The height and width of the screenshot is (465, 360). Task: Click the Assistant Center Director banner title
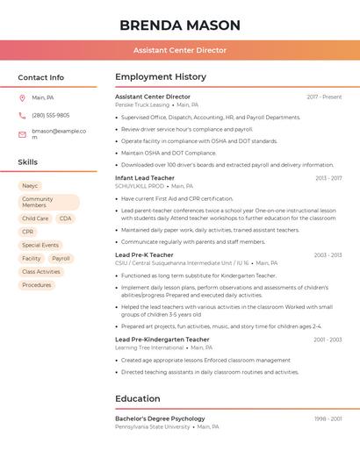pyautogui.click(x=179, y=50)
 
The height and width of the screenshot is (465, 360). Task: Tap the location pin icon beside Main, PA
pyautogui.click(x=22, y=97)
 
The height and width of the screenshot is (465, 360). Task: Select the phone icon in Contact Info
pyautogui.click(x=22, y=115)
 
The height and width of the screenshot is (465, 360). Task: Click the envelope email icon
pyautogui.click(x=22, y=134)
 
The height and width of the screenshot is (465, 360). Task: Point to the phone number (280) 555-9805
pyautogui.click(x=51, y=115)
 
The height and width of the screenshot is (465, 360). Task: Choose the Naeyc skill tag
pyautogui.click(x=30, y=186)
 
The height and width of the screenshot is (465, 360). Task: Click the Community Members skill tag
pyautogui.click(x=47, y=203)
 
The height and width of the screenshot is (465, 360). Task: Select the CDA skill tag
pyautogui.click(x=66, y=218)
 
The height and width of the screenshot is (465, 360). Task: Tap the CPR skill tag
pyautogui.click(x=28, y=232)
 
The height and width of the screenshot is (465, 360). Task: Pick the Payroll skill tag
pyautogui.click(x=61, y=259)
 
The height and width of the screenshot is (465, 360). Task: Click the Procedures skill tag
pyautogui.click(x=37, y=285)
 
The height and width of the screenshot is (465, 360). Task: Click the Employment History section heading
pyautogui.click(x=161, y=77)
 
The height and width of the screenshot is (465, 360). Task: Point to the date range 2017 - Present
pyautogui.click(x=324, y=97)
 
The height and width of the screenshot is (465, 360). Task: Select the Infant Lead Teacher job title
pyautogui.click(x=144, y=179)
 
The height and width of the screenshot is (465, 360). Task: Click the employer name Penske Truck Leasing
pyautogui.click(x=142, y=104)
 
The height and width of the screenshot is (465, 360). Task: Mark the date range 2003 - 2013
pyautogui.click(x=328, y=255)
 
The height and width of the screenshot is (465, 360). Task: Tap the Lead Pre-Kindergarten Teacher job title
pyautogui.click(x=162, y=340)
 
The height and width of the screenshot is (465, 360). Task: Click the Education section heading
pyautogui.click(x=138, y=399)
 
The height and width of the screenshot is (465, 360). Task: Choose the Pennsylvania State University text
pyautogui.click(x=152, y=426)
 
